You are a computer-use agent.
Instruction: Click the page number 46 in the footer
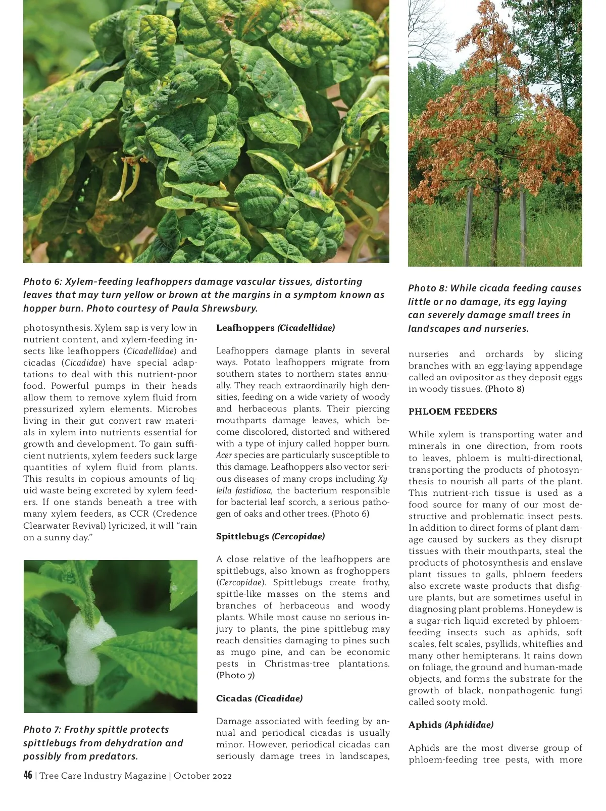(x=28, y=775)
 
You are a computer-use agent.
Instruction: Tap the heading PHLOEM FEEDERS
(x=452, y=412)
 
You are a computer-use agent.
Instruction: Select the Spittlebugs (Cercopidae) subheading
(x=270, y=536)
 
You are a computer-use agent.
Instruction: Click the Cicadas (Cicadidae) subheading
(x=259, y=698)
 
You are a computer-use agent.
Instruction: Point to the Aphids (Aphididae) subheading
(x=451, y=725)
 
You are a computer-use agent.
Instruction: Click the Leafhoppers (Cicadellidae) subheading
(x=275, y=328)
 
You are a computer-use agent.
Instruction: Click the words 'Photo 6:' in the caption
(x=42, y=282)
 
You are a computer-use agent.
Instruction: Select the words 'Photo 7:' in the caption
(x=41, y=730)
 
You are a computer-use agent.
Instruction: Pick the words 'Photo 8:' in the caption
(x=427, y=288)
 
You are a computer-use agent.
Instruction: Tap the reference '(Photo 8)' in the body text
(x=504, y=389)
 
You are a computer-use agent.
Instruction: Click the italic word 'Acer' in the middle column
(x=224, y=455)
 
